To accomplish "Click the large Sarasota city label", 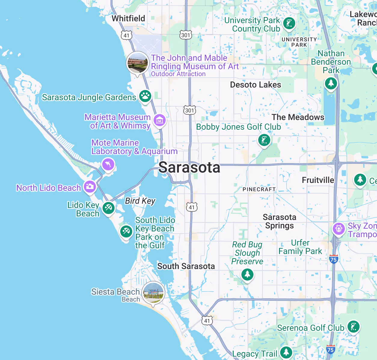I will click(189, 167).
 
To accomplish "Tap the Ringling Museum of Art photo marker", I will click(137, 63).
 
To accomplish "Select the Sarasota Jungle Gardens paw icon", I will click(145, 96).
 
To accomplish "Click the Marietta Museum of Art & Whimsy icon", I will click(160, 120).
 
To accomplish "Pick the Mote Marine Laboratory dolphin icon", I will click(108, 164).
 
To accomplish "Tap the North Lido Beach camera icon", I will click(90, 187).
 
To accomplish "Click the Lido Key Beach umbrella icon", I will click(109, 207).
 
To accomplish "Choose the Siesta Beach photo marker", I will click(153, 293).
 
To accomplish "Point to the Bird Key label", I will click(140, 201).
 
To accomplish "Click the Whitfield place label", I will click(128, 18).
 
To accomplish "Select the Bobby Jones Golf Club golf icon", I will click(264, 140).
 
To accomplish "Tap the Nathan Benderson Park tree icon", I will click(331, 83).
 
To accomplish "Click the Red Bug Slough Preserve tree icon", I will click(247, 274).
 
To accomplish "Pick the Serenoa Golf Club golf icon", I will click(354, 327).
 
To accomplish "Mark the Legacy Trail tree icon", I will click(286, 352).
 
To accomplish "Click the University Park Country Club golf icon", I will click(289, 23).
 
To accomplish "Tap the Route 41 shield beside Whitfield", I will click(127, 35).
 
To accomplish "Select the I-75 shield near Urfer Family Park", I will click(333, 259).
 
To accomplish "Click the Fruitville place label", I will click(318, 180).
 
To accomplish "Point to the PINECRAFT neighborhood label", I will click(259, 189).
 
